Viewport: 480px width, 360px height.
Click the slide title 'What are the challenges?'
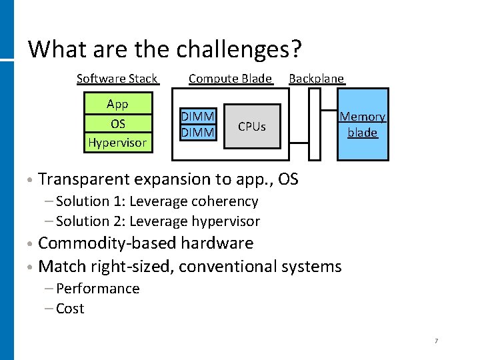pyautogui.click(x=165, y=49)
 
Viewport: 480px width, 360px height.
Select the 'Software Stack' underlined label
pyautogui.click(x=117, y=79)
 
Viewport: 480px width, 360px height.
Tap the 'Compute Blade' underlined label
pyautogui.click(x=230, y=79)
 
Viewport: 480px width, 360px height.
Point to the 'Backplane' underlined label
pyautogui.click(x=316, y=79)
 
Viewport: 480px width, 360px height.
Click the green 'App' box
pyautogui.click(x=117, y=104)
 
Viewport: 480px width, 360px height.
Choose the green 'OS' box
pyautogui.click(x=117, y=123)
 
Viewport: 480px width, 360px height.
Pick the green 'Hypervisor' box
pyautogui.click(x=117, y=142)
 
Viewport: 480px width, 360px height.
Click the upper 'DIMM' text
pyautogui.click(x=198, y=118)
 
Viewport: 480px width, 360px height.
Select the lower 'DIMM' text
pyautogui.click(x=198, y=133)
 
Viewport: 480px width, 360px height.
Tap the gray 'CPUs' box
pyautogui.click(x=252, y=127)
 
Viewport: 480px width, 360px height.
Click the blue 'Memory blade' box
pyautogui.click(x=363, y=125)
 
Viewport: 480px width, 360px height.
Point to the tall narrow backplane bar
pyautogui.click(x=315, y=125)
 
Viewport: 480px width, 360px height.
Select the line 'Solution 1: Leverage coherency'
pyautogui.click(x=157, y=201)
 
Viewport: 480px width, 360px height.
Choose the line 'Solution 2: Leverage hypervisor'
pyautogui.click(x=158, y=221)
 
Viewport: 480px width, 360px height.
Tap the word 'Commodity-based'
pyautogui.click(x=99, y=243)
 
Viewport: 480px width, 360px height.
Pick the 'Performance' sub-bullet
pyautogui.click(x=97, y=289)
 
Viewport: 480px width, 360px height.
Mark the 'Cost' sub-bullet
pyautogui.click(x=70, y=309)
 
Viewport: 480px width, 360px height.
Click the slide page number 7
pyautogui.click(x=436, y=341)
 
